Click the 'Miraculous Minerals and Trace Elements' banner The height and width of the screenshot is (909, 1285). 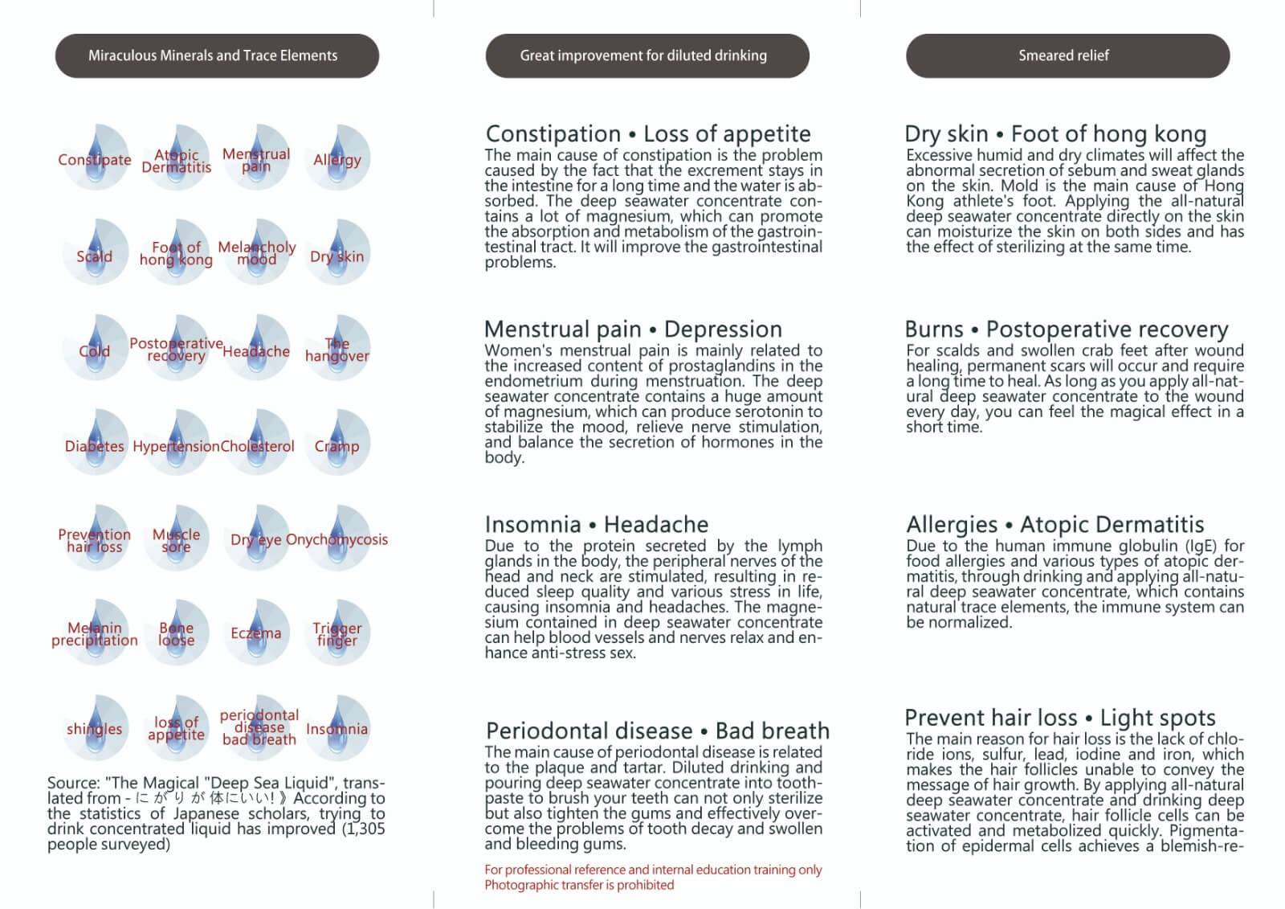[216, 55]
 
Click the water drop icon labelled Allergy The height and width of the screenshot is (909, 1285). [337, 158]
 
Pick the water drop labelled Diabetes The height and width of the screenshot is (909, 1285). [95, 444]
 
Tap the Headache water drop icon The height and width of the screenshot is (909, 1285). [256, 349]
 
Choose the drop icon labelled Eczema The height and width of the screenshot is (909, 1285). [256, 633]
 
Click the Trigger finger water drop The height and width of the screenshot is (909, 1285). [337, 633]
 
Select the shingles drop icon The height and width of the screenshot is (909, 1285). [95, 727]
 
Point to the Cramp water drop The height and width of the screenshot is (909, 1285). [337, 444]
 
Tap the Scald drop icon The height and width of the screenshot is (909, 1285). [95, 254]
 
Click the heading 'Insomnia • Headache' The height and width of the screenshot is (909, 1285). [596, 525]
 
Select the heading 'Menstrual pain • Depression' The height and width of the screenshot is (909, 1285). [633, 330]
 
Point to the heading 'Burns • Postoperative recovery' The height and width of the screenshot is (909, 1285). [1066, 330]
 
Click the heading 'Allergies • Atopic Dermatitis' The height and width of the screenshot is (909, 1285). [1055, 525]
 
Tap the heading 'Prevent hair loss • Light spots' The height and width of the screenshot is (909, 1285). [1059, 718]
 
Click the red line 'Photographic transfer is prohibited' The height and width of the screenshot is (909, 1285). [578, 885]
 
